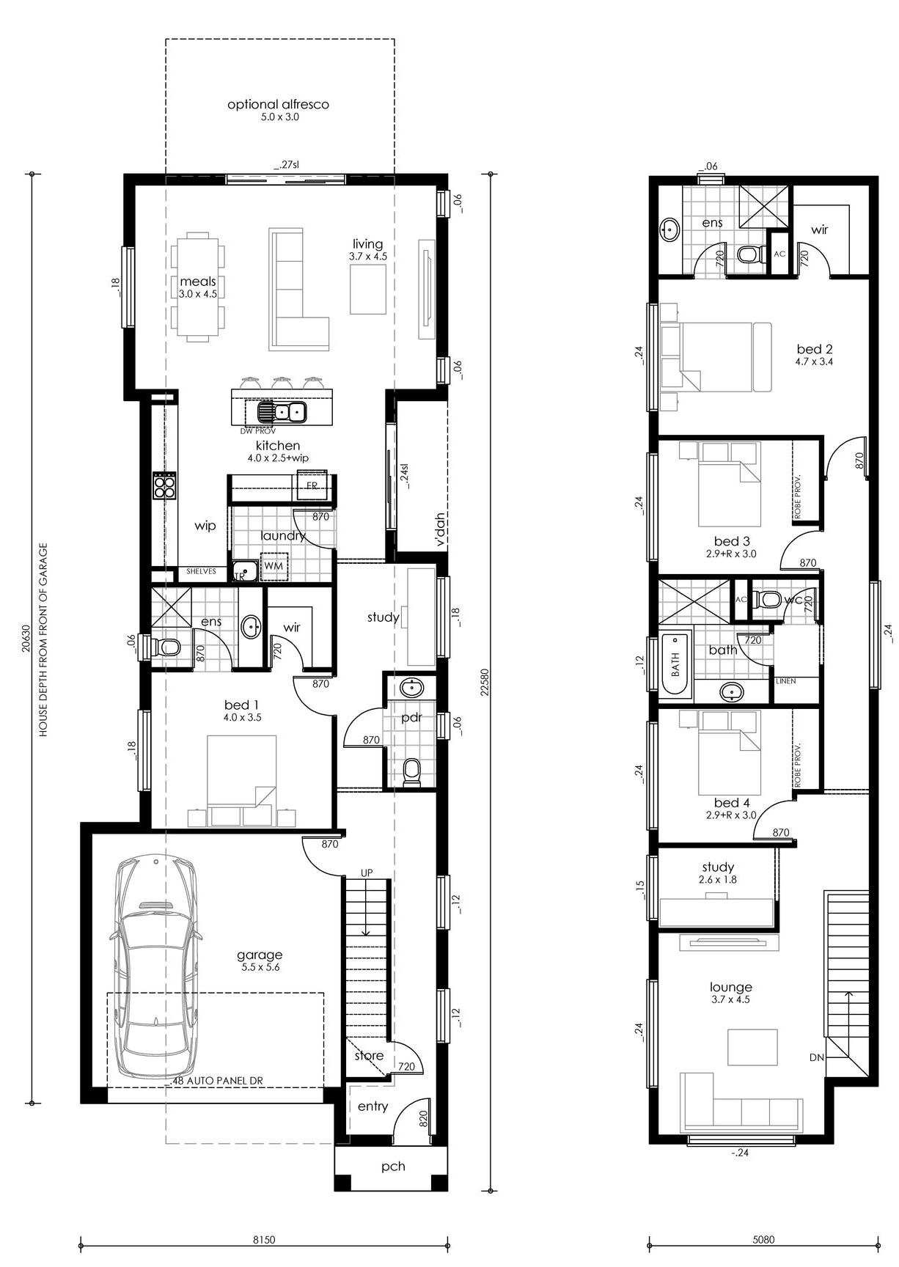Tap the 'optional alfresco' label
278,104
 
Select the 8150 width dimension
263,1240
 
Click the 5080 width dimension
763,1240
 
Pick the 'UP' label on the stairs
367,873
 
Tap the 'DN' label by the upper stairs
817,1057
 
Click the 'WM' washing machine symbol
274,566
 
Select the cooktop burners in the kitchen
164,485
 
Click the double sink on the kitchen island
281,412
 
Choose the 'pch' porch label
393,1166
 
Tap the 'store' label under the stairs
369,1056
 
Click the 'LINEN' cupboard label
785,681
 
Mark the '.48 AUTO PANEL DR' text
216,1080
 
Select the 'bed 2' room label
815,349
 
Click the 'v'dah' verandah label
440,529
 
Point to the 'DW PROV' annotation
257,431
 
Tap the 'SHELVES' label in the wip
201,571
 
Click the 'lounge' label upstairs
730,988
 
